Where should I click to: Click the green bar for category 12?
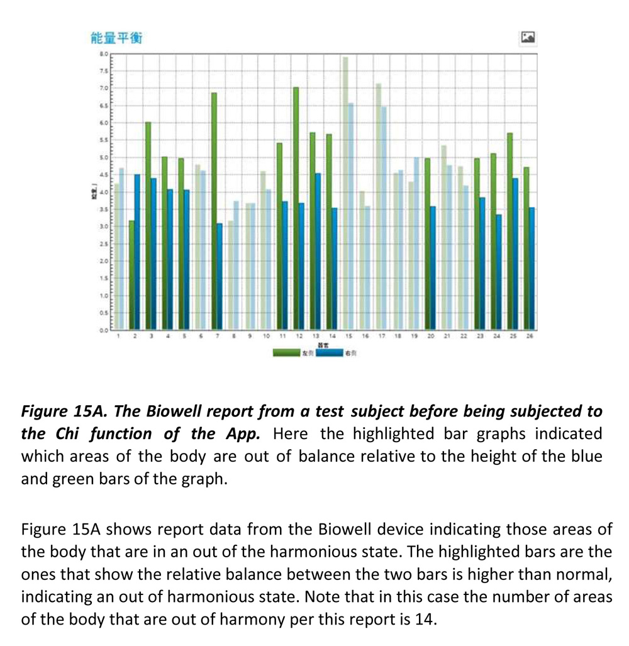296,208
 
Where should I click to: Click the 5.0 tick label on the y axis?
104,157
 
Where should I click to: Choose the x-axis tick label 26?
530,337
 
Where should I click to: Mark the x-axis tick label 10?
266,337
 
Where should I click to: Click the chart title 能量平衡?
117,38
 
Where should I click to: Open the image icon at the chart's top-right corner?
528,38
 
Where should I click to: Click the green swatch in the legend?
286,353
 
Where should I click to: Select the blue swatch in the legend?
328,353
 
